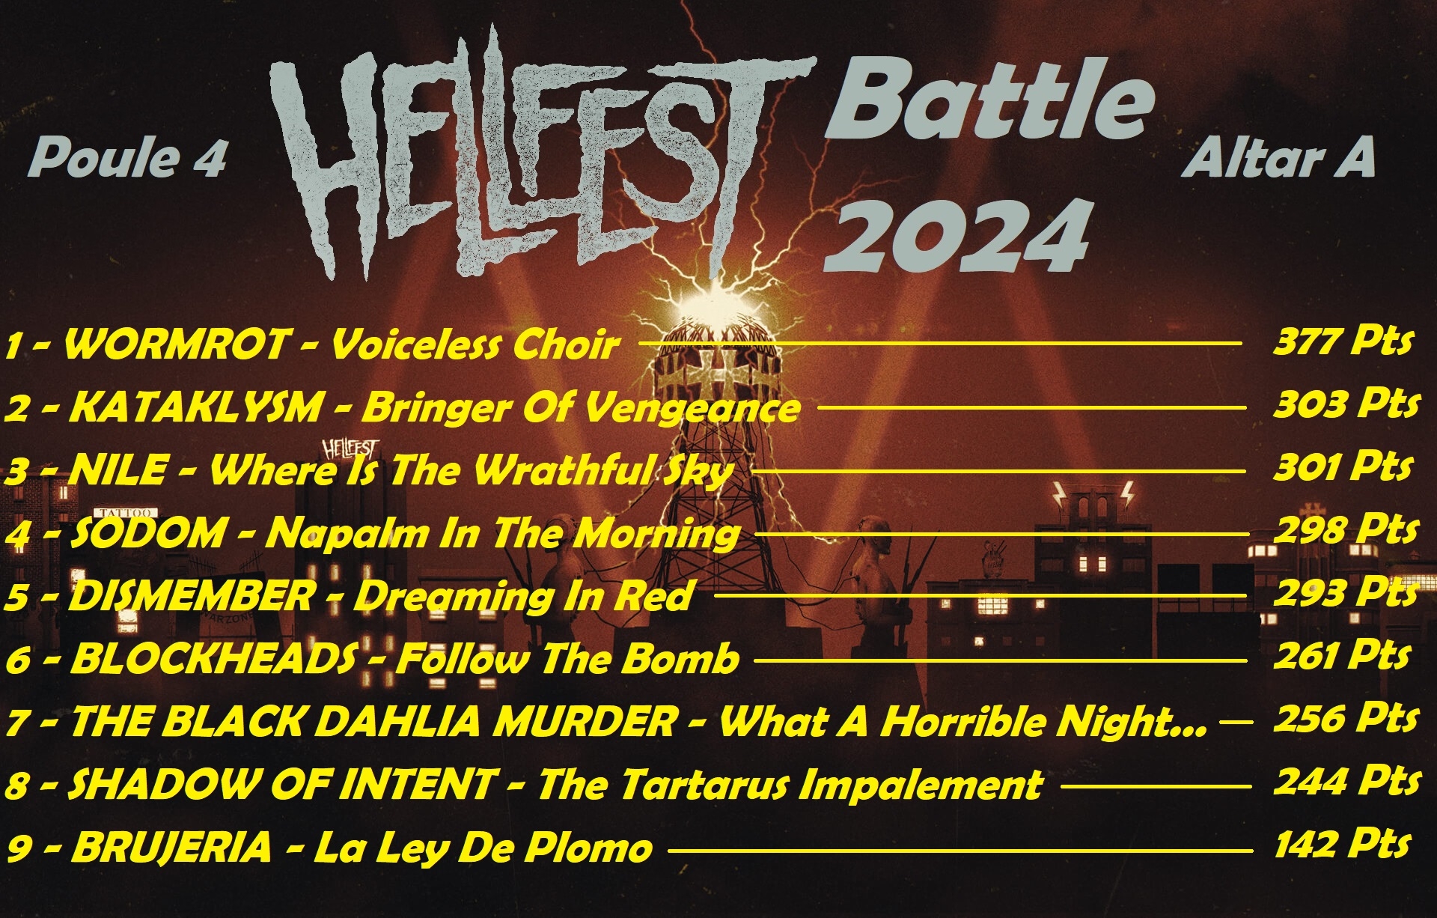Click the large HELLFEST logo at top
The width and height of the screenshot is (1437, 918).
539,153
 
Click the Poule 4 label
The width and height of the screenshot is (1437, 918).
128,159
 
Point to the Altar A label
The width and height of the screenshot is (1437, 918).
1279,158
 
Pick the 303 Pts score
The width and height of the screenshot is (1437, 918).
1346,404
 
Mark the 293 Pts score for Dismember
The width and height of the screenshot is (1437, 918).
1346,593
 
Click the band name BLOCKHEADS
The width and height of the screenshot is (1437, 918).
213,659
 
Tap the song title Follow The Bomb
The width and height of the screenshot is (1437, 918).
567,659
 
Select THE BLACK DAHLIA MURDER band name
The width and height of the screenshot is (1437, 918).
373,722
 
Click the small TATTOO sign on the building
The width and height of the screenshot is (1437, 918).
130,513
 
